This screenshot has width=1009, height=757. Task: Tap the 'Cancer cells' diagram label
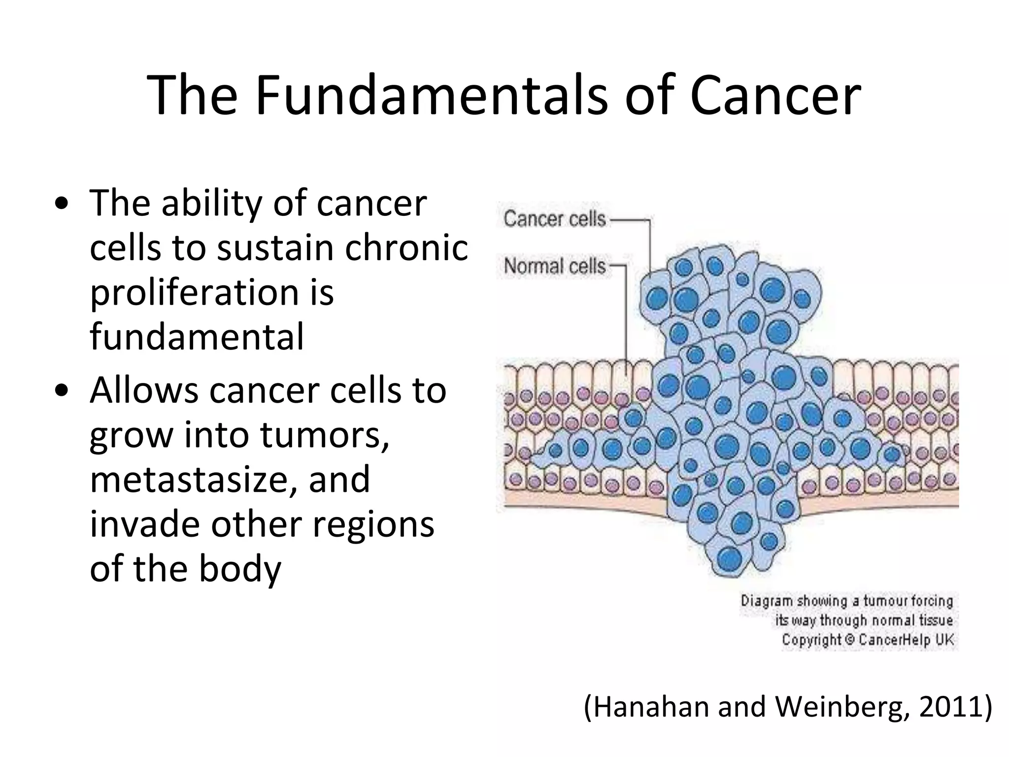click(554, 219)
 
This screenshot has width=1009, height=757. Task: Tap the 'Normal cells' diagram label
click(554, 267)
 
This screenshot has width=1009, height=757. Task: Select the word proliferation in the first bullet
click(195, 293)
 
